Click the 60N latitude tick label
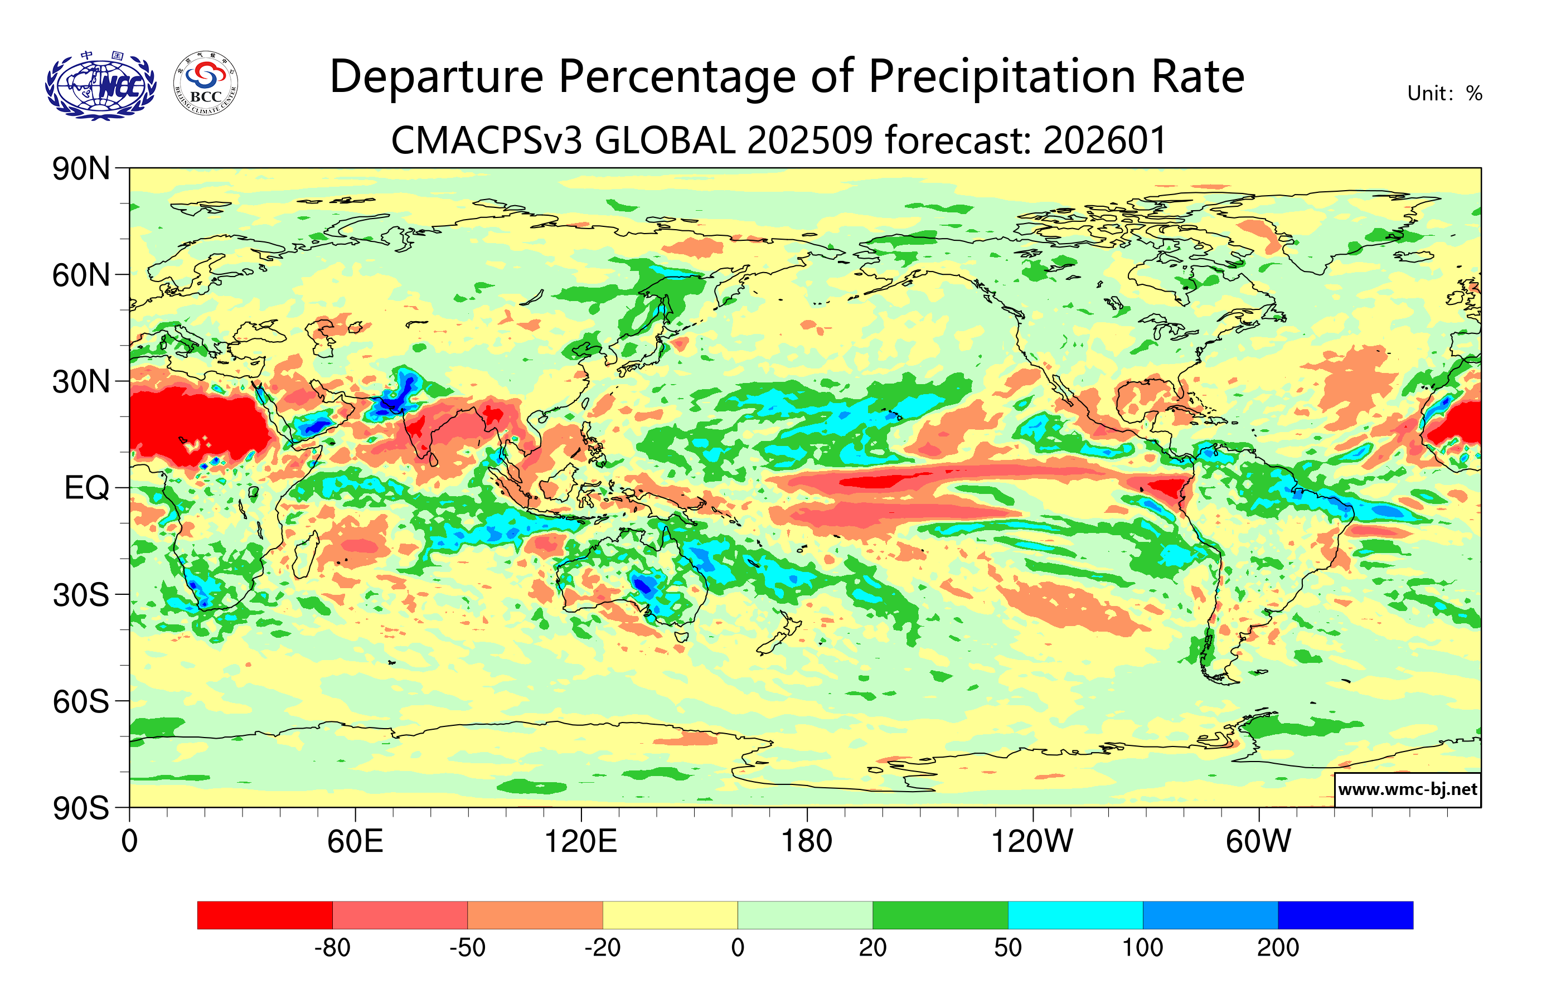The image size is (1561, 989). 81,275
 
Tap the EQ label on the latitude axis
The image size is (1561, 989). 87,488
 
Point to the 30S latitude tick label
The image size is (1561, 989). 81,595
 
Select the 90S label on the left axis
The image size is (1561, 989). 81,808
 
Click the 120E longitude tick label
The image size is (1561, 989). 581,841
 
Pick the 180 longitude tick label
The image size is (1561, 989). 807,841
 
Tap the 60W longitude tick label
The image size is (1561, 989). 1258,841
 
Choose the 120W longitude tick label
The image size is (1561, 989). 1032,841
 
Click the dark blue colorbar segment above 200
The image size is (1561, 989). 1345,914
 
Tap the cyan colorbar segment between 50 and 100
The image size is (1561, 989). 1075,914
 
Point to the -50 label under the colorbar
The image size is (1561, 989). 467,948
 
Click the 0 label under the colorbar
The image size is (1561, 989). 738,948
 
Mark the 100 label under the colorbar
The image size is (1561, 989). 1142,948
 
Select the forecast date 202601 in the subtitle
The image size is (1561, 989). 1104,140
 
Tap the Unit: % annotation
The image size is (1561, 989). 1444,93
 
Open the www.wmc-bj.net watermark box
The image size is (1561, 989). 1407,789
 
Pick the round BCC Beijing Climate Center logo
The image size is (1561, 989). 206,84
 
